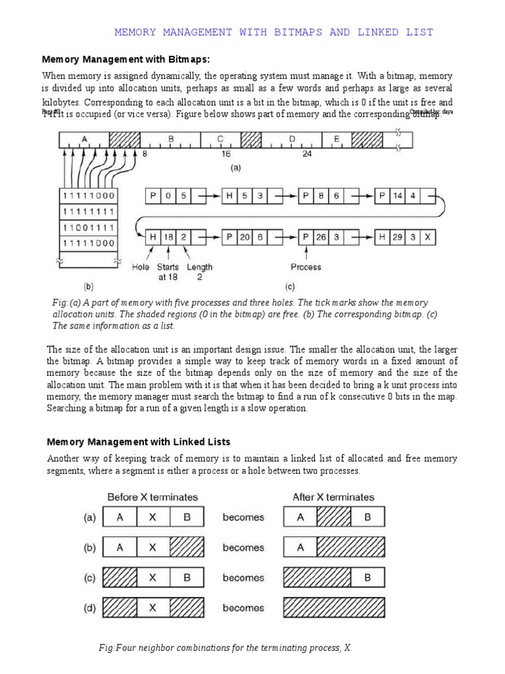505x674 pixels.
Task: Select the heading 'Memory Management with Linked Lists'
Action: tap(138, 441)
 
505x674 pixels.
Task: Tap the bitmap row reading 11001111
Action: tap(88, 227)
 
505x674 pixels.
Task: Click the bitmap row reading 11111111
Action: tap(88, 211)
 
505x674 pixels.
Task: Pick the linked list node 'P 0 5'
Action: tap(170, 195)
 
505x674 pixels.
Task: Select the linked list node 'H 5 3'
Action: tap(246, 195)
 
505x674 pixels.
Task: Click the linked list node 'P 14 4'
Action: tap(405, 195)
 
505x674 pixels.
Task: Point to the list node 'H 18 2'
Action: tap(170, 237)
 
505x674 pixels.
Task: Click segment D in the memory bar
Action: tap(291, 139)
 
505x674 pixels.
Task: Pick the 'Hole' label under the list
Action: tap(141, 267)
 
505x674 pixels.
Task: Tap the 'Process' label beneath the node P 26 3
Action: tap(306, 267)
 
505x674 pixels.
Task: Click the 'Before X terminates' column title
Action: tap(153, 497)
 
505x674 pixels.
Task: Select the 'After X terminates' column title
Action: tap(333, 497)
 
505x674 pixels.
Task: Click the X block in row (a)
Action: tap(153, 517)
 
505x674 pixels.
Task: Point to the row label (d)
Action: tap(89, 608)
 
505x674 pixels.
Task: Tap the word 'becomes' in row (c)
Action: tap(243, 578)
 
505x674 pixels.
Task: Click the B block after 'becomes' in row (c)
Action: tap(368, 578)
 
